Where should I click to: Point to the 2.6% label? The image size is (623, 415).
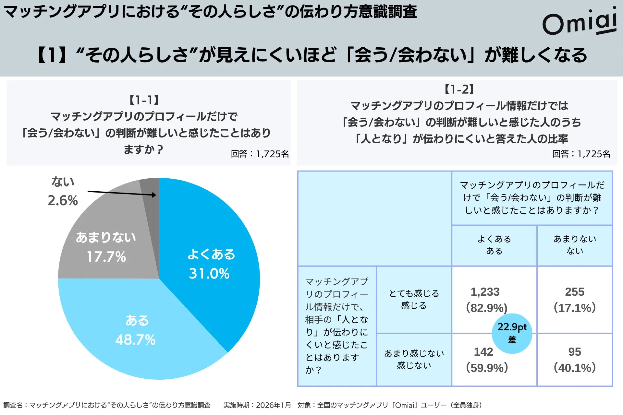coord(63,201)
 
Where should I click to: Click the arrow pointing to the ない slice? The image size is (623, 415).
coord(122,193)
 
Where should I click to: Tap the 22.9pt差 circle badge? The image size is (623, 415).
coord(512,333)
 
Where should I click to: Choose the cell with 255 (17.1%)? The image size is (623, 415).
coord(575,300)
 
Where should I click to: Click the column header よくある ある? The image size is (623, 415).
coord(494,245)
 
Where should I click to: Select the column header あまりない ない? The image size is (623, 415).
coord(575,245)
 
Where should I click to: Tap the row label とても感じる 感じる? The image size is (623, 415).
coord(414,299)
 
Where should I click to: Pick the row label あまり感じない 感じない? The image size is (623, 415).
coord(414,359)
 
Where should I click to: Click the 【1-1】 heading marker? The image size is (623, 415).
coord(144,100)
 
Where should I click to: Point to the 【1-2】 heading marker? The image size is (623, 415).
coord(459,89)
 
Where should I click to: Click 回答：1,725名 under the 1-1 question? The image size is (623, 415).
coord(260,154)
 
